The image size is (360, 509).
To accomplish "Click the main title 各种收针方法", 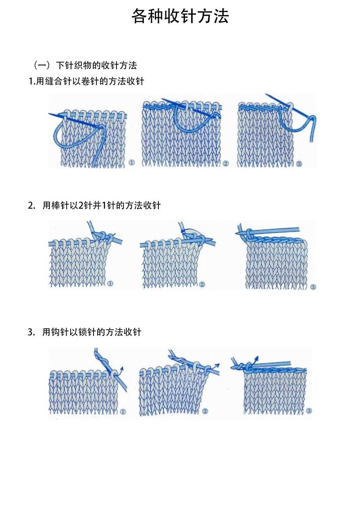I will pyautogui.click(x=180, y=16).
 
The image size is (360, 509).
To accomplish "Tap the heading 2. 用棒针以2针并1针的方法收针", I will pyautogui.click(x=94, y=205).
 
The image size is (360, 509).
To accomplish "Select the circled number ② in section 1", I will pyautogui.click(x=225, y=164).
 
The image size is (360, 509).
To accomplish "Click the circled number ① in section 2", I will pyautogui.click(x=110, y=284).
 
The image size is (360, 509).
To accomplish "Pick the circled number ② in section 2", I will pyautogui.click(x=202, y=284).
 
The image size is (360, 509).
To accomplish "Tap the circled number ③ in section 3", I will pyautogui.click(x=309, y=411).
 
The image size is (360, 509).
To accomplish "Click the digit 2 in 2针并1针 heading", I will pyautogui.click(x=81, y=206).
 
